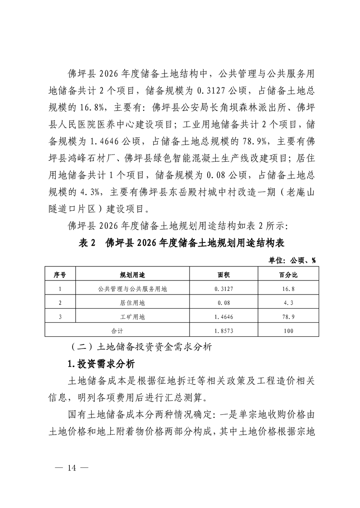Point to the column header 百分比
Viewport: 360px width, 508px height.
288,275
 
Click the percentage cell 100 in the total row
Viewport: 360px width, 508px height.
288,330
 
